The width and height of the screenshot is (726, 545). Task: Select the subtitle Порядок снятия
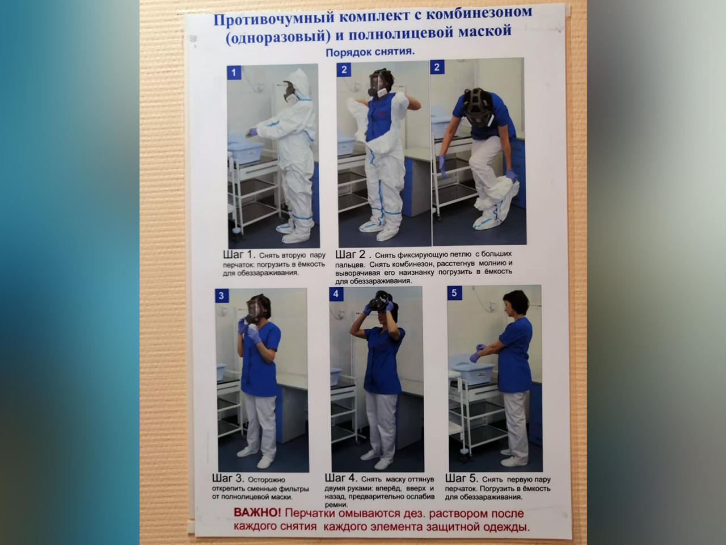370,52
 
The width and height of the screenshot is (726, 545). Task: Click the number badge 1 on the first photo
234,73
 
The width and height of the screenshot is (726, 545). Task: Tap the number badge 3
222,296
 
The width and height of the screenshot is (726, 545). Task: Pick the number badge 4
336,294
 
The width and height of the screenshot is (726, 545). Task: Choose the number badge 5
454,293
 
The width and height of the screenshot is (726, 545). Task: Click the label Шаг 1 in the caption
239,255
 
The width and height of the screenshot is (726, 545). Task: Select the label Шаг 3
228,479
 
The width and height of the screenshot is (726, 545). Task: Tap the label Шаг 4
341,478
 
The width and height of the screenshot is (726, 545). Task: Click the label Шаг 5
461,478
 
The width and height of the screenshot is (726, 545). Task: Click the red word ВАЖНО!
258,513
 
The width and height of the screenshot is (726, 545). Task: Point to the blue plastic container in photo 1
246,148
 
